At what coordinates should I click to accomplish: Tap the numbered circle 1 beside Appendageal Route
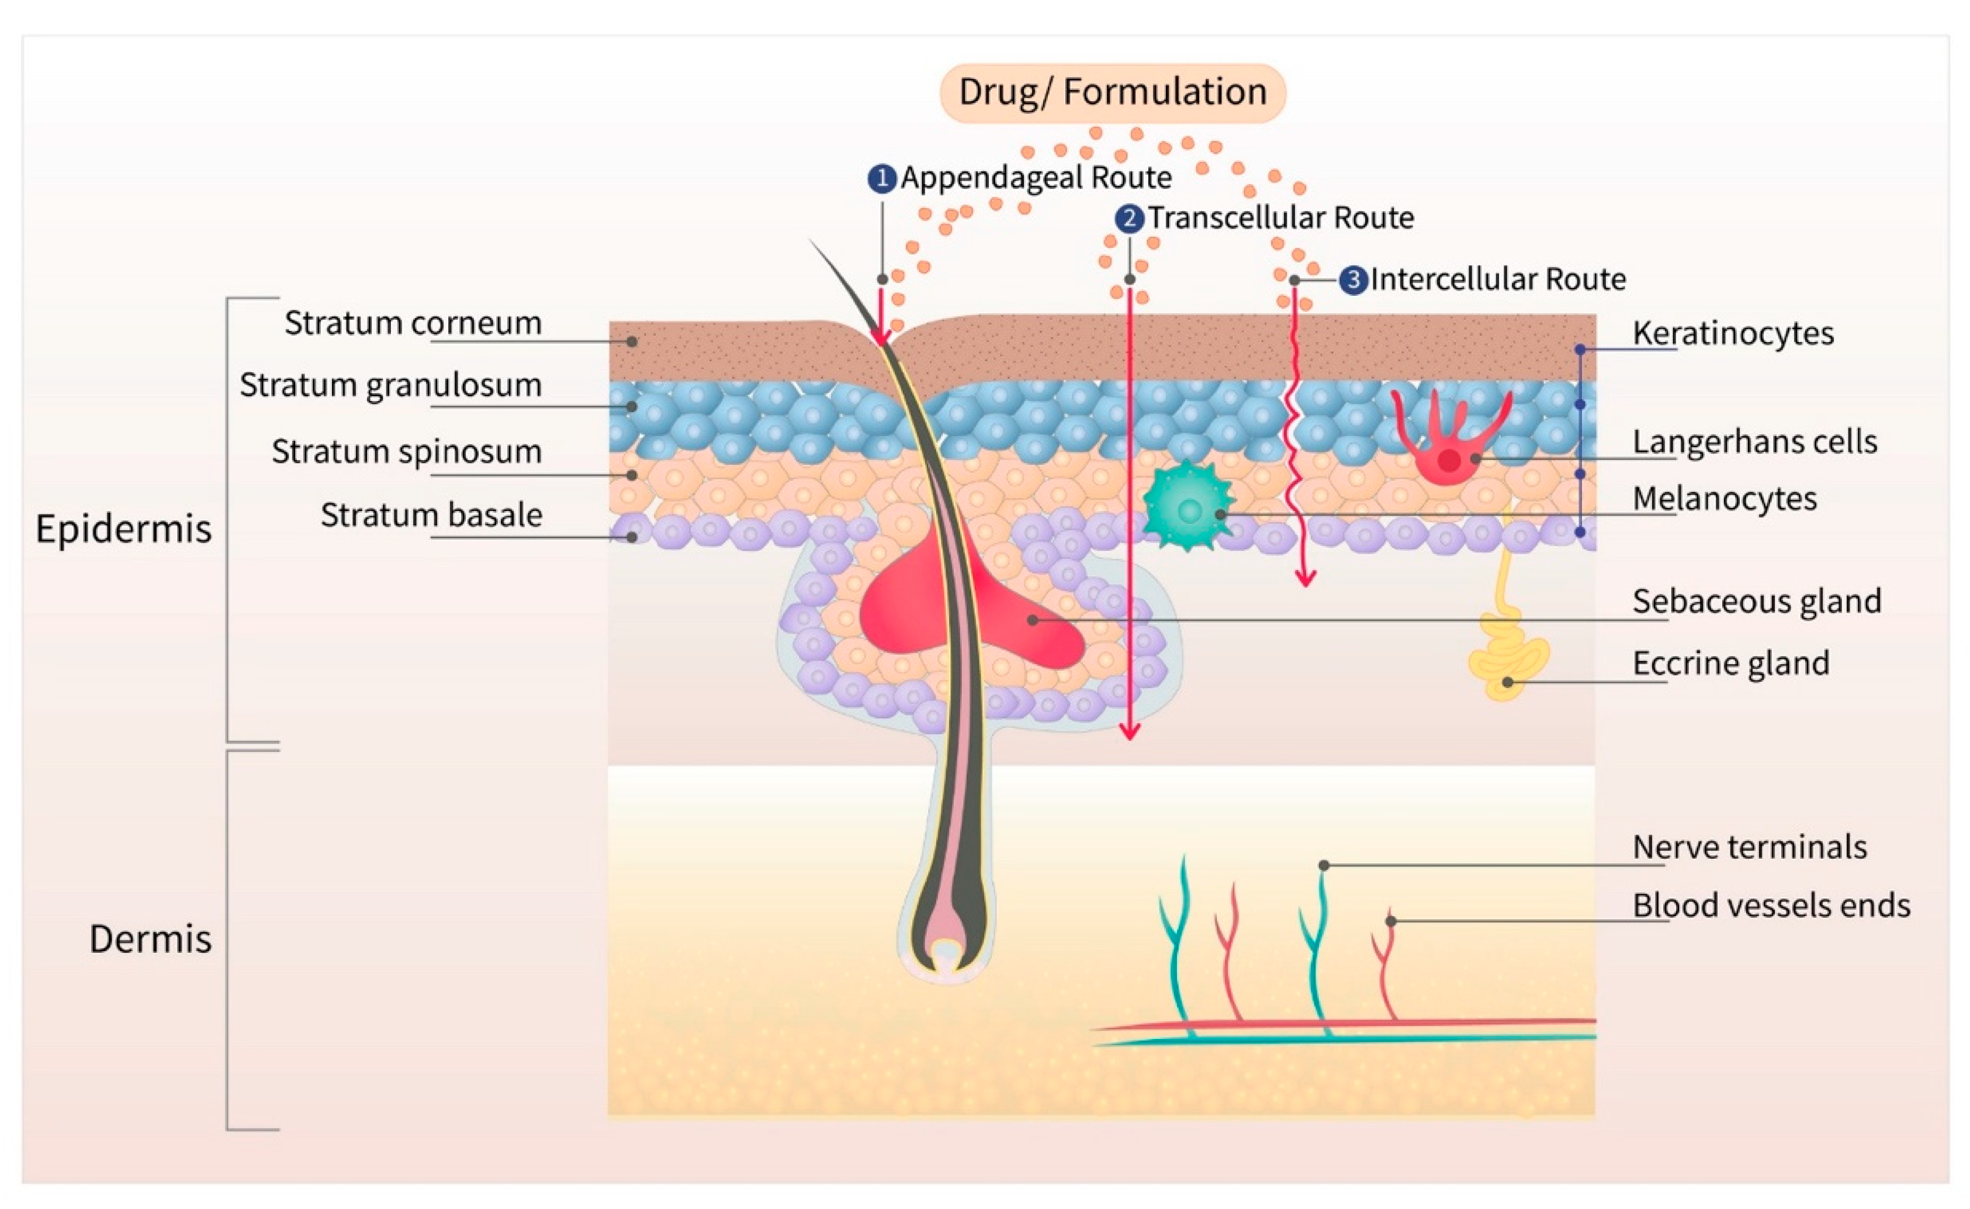pos(881,178)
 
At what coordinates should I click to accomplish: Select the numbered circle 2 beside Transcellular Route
pos(1129,218)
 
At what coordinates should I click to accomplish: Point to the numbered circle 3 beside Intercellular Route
pos(1353,280)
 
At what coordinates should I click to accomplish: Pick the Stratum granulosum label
pos(390,385)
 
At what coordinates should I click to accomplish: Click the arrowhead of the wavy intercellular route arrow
pos(1305,580)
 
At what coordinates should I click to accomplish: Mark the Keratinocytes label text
pos(1733,333)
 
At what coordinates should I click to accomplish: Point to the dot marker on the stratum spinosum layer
pos(632,475)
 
